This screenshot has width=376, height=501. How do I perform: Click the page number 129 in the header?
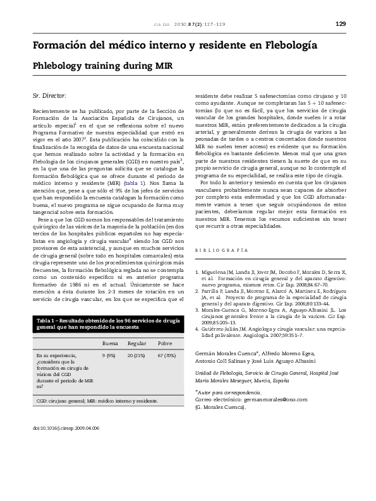tap(341, 24)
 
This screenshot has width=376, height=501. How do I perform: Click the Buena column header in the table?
tap(109, 343)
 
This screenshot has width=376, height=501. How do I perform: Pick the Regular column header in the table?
tap(136, 343)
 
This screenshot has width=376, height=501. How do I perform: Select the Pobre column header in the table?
tap(165, 343)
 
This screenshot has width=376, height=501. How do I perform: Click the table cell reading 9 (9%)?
tap(109, 356)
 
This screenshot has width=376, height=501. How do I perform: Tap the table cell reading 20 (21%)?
tap(136, 356)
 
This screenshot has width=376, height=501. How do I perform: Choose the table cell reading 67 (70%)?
tap(166, 356)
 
